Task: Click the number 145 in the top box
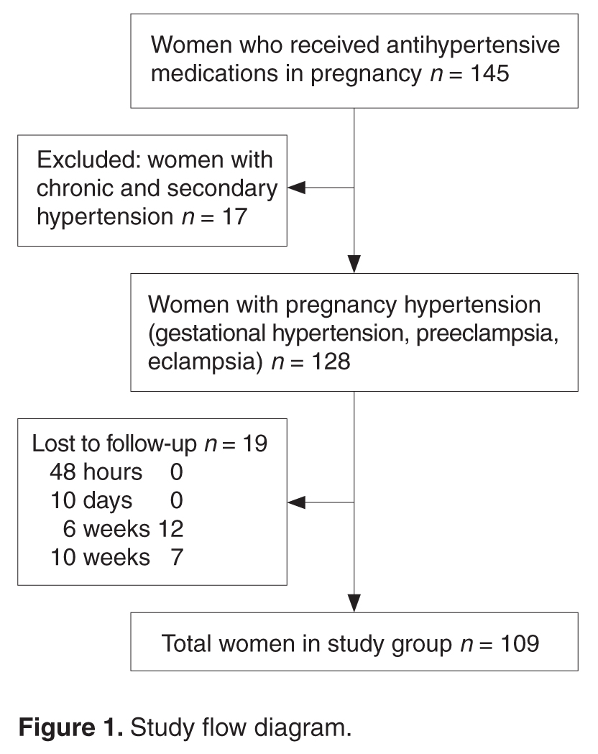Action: click(x=489, y=73)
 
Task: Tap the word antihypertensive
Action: click(x=473, y=45)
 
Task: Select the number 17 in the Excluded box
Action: click(x=234, y=216)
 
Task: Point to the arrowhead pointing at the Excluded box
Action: click(x=297, y=188)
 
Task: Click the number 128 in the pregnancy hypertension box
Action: click(x=331, y=361)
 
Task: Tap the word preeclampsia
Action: click(x=487, y=334)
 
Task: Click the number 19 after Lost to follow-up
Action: click(x=254, y=443)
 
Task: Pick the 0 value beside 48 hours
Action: click(x=176, y=472)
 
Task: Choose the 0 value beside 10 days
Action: click(x=176, y=500)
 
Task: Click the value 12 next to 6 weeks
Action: click(x=170, y=528)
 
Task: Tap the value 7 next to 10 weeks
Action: click(x=177, y=557)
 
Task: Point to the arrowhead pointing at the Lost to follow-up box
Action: click(x=297, y=502)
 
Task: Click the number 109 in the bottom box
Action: click(x=520, y=643)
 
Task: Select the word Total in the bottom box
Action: click(x=186, y=643)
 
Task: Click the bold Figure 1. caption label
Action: click(x=71, y=727)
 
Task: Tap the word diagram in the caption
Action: click(x=303, y=728)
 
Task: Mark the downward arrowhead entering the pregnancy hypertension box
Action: click(x=354, y=264)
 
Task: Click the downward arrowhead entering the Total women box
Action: click(x=354, y=603)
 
